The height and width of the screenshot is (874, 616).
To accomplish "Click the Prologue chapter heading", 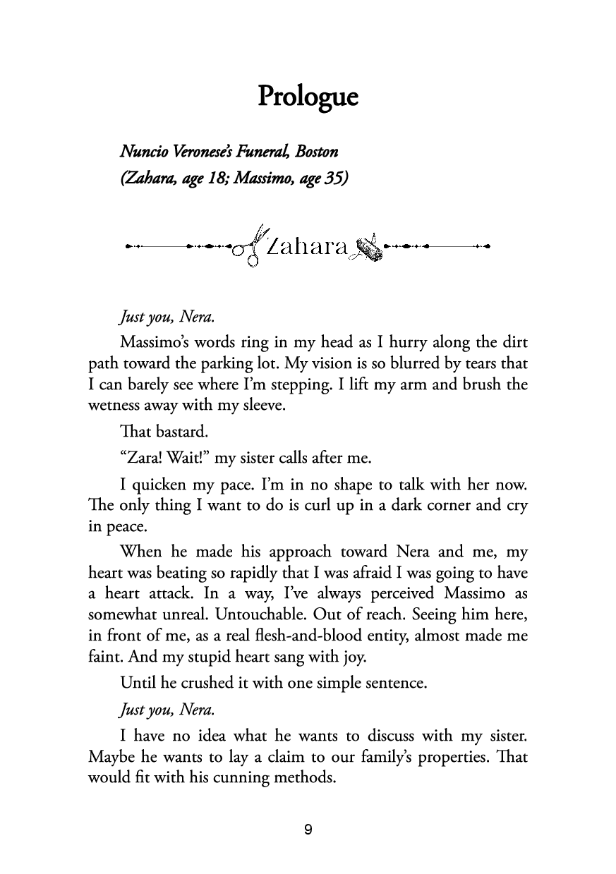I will (x=308, y=97).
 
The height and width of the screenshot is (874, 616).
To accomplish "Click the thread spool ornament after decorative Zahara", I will (x=368, y=248).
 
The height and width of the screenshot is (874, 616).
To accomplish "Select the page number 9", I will (x=308, y=830).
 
